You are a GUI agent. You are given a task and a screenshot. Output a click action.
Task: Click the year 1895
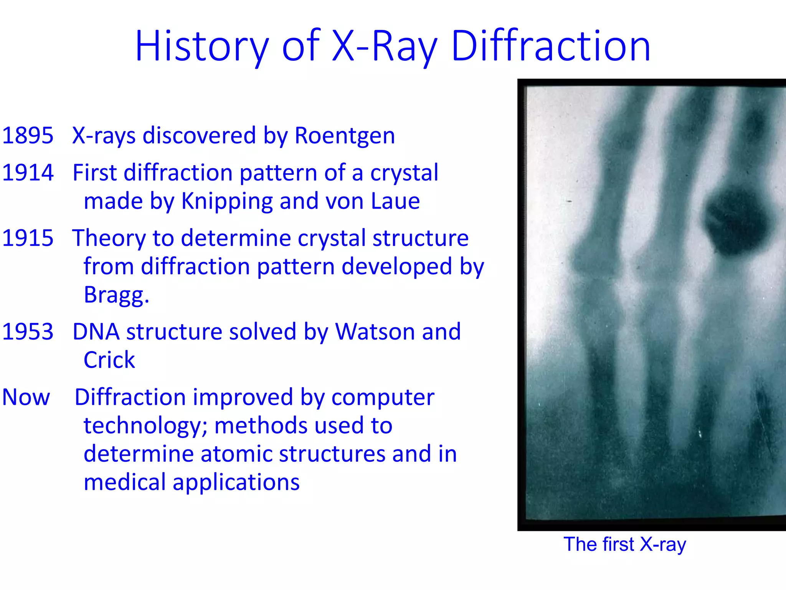coord(28,136)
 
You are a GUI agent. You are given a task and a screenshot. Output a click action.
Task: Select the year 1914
coord(28,172)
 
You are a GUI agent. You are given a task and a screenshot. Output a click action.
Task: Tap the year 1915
coord(28,238)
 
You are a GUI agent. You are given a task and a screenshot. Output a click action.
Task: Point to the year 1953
coord(28,331)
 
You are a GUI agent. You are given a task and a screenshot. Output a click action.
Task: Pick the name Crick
coord(109,360)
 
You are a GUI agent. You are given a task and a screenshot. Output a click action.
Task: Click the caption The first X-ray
coord(624,545)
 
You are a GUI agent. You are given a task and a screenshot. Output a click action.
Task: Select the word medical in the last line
coord(125,482)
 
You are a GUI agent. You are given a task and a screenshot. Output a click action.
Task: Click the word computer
coord(383,398)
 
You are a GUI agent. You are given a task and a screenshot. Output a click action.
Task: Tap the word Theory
coord(109,238)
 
